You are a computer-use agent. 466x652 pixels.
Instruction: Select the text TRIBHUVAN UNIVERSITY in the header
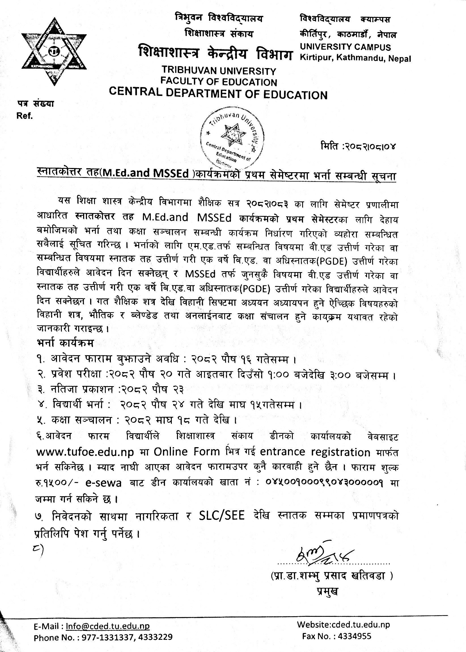[219, 71]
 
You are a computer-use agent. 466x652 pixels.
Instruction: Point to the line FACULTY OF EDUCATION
[219, 82]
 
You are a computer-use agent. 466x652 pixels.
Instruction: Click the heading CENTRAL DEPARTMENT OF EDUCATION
[218, 94]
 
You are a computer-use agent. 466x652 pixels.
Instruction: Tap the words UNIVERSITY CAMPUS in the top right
[346, 47]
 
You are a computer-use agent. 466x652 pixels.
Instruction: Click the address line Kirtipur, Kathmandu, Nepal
[355, 58]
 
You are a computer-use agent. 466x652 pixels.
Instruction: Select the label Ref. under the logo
[25, 116]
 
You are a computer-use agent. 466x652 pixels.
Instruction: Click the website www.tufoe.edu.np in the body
[85, 452]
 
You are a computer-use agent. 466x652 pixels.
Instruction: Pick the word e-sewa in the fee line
[103, 483]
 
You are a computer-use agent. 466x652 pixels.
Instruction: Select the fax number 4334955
[354, 636]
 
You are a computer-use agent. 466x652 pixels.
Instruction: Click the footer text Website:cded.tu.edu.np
[343, 624]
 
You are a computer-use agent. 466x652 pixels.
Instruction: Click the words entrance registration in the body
[315, 452]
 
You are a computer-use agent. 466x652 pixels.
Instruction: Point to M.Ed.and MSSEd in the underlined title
[146, 173]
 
